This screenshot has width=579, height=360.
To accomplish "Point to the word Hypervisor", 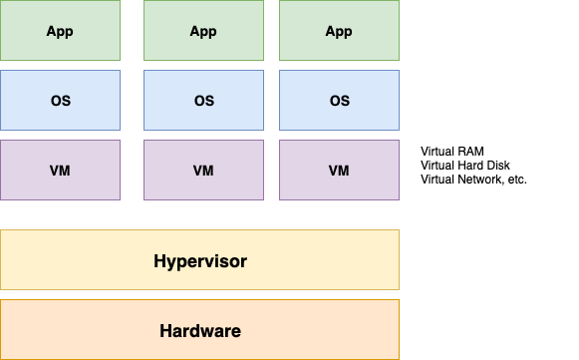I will point(200,261).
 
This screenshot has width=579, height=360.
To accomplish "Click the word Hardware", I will point(200,330).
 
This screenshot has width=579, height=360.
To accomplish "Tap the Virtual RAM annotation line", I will point(452,152).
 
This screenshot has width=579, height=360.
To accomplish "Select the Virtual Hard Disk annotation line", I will point(466,166).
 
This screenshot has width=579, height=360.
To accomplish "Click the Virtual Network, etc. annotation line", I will point(473,180).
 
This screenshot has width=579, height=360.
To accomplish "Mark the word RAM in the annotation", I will point(471,152).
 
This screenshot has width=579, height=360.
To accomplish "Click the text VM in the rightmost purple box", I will point(339,171).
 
